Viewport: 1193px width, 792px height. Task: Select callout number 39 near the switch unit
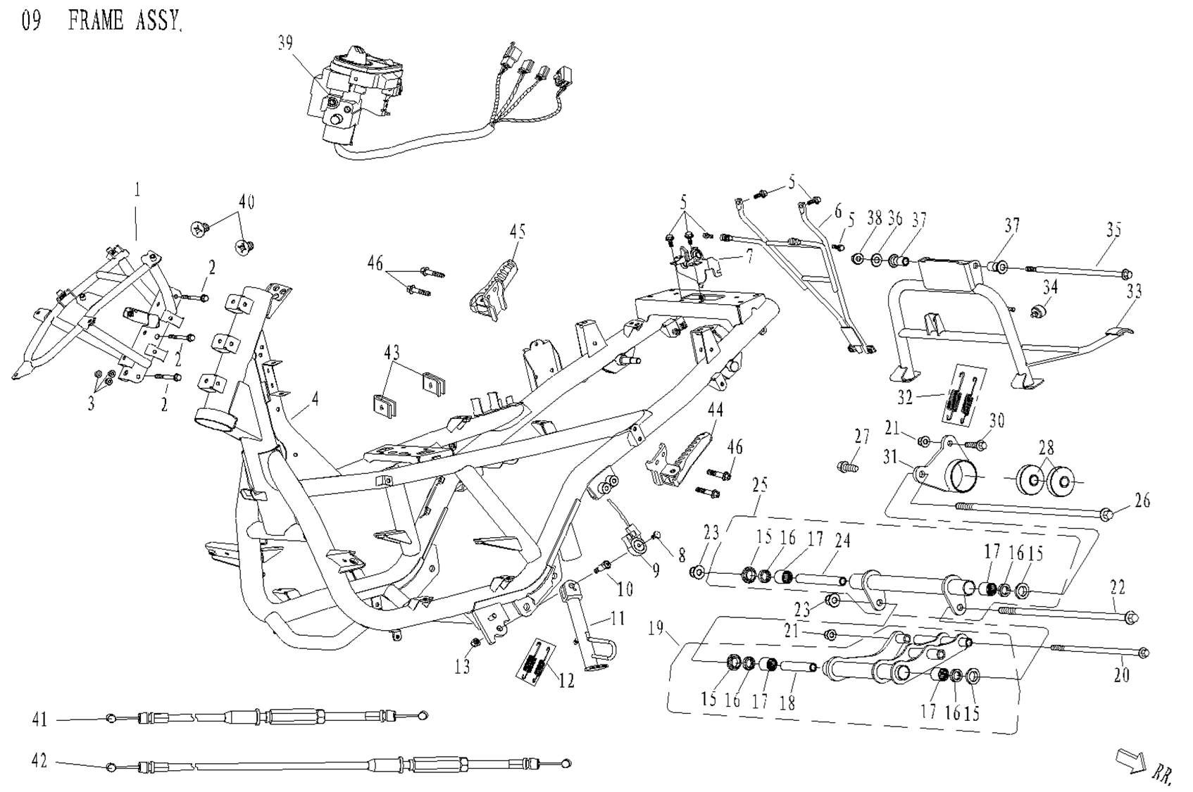pyautogui.click(x=285, y=44)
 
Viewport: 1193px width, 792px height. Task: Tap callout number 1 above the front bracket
pyautogui.click(x=138, y=189)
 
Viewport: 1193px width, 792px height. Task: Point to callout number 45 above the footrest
pyautogui.click(x=518, y=231)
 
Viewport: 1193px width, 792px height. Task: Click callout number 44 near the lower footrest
pyautogui.click(x=716, y=409)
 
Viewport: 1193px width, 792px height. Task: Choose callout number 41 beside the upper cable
pyautogui.click(x=39, y=719)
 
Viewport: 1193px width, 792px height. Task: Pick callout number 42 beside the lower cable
pyautogui.click(x=39, y=761)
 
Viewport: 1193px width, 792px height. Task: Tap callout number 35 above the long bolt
pyautogui.click(x=1113, y=230)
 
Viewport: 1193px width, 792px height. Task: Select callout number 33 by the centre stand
pyautogui.click(x=1134, y=291)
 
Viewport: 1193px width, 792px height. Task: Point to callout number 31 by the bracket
pyautogui.click(x=891, y=458)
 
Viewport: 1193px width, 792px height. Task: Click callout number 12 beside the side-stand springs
pyautogui.click(x=566, y=680)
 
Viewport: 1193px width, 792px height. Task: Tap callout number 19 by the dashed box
pyautogui.click(x=656, y=627)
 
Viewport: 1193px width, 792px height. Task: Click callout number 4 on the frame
pyautogui.click(x=316, y=399)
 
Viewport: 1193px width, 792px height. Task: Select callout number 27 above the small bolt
pyautogui.click(x=863, y=436)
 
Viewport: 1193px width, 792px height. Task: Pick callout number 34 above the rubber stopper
pyautogui.click(x=1050, y=287)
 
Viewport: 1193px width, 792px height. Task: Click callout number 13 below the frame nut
pyautogui.click(x=462, y=666)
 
